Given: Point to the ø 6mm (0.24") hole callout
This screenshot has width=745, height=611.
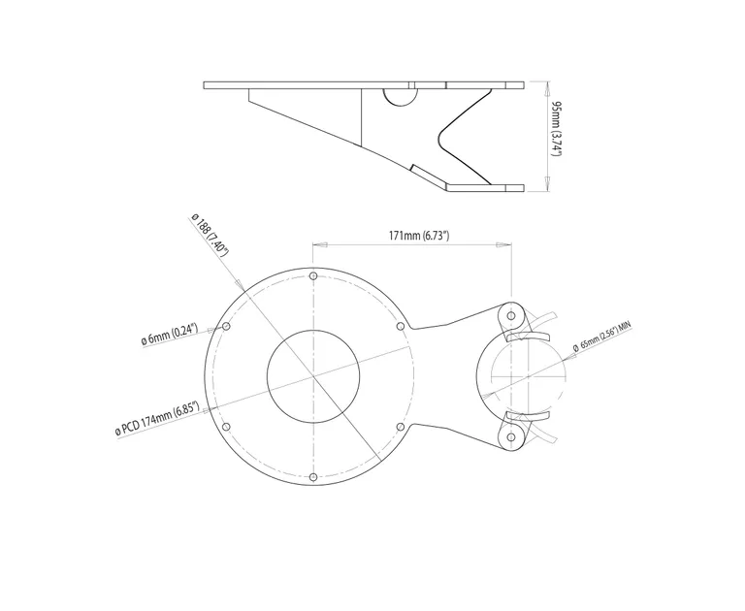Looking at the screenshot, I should click(x=170, y=337).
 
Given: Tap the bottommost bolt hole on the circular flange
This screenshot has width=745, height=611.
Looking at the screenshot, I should click(x=312, y=476).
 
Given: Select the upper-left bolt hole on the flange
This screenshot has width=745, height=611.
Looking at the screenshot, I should click(x=226, y=327).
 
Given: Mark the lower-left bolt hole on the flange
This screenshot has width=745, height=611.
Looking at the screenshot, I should click(x=226, y=427).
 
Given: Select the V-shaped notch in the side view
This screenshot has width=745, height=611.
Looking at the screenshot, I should click(x=448, y=135).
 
